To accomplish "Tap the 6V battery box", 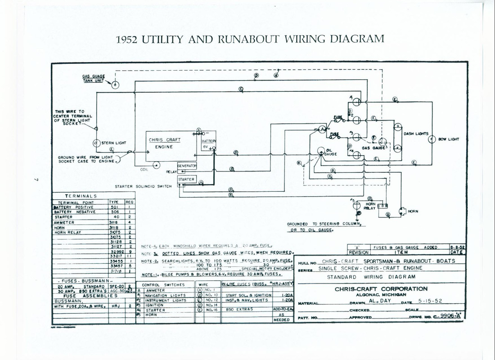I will point(208,144).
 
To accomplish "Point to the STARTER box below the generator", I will point(186,179).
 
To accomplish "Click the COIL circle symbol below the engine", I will point(156,165).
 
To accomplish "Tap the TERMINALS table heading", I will point(81,196).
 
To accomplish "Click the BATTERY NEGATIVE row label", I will point(75,212).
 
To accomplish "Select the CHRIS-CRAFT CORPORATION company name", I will point(381,289).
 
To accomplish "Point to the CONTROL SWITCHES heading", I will point(163,285).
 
